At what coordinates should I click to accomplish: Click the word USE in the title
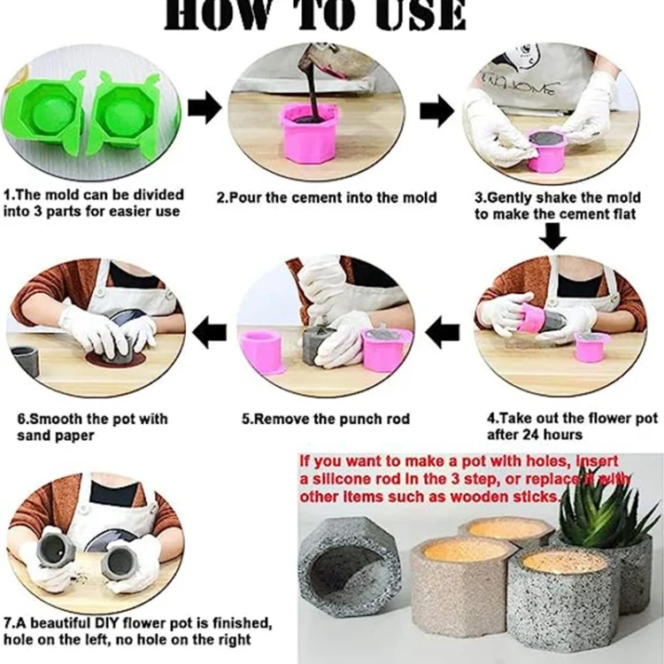coord(406,15)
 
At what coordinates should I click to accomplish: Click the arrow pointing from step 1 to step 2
coord(205,110)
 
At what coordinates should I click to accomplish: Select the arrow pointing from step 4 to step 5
coord(442,332)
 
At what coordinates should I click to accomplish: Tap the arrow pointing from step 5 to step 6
coord(209,332)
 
